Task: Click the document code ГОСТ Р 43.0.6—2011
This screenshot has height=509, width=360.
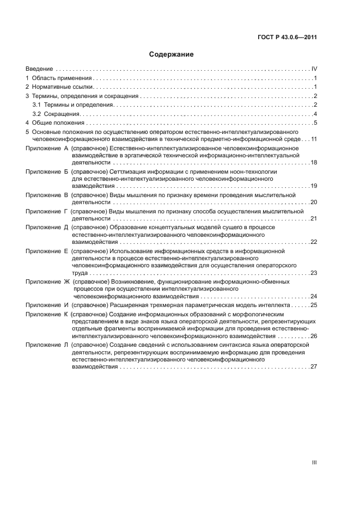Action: [288, 38]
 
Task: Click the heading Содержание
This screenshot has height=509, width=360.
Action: [171, 54]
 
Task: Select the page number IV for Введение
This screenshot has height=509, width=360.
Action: [314, 69]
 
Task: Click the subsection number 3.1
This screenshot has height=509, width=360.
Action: [36, 105]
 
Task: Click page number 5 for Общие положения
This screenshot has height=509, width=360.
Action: [315, 122]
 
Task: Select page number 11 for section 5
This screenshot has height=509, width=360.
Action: [313, 139]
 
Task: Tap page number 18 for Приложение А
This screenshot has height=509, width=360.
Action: [313, 163]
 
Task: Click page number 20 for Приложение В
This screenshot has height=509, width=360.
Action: [313, 202]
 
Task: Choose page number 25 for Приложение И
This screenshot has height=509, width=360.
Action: [313, 305]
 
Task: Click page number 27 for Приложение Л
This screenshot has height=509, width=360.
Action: [313, 367]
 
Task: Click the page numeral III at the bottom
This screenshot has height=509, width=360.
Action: [314, 462]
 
